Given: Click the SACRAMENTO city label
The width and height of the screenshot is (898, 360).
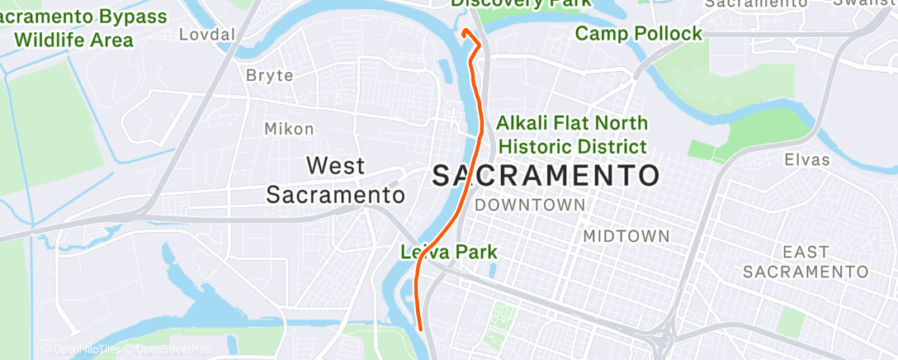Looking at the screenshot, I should pyautogui.click(x=546, y=175).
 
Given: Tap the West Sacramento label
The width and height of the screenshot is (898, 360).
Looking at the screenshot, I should pyautogui.click(x=335, y=180).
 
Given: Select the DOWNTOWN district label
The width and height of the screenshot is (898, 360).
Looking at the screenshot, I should pyautogui.click(x=530, y=204).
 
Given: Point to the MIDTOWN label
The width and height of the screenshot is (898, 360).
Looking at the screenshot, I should pyautogui.click(x=626, y=236).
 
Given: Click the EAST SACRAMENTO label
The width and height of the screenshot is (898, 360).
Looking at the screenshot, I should pyautogui.click(x=805, y=261).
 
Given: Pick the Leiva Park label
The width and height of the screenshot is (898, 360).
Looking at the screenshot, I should pyautogui.click(x=449, y=251).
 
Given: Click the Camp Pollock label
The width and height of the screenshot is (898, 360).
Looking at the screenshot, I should pyautogui.click(x=638, y=34).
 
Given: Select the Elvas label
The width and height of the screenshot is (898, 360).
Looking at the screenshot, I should pyautogui.click(x=807, y=159).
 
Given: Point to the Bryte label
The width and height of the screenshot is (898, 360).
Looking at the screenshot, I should pyautogui.click(x=270, y=75).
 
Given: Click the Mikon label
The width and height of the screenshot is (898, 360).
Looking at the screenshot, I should pyautogui.click(x=289, y=129).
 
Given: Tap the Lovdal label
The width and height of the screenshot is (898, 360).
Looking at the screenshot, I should pyautogui.click(x=208, y=34).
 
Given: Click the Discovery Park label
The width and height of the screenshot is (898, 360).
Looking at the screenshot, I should pyautogui.click(x=520, y=3).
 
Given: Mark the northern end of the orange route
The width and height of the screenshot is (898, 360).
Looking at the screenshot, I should pyautogui.click(x=464, y=31).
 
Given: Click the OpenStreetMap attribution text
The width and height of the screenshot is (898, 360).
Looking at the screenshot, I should pyautogui.click(x=167, y=350).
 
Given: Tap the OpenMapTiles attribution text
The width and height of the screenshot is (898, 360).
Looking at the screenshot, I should pyautogui.click(x=80, y=350).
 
